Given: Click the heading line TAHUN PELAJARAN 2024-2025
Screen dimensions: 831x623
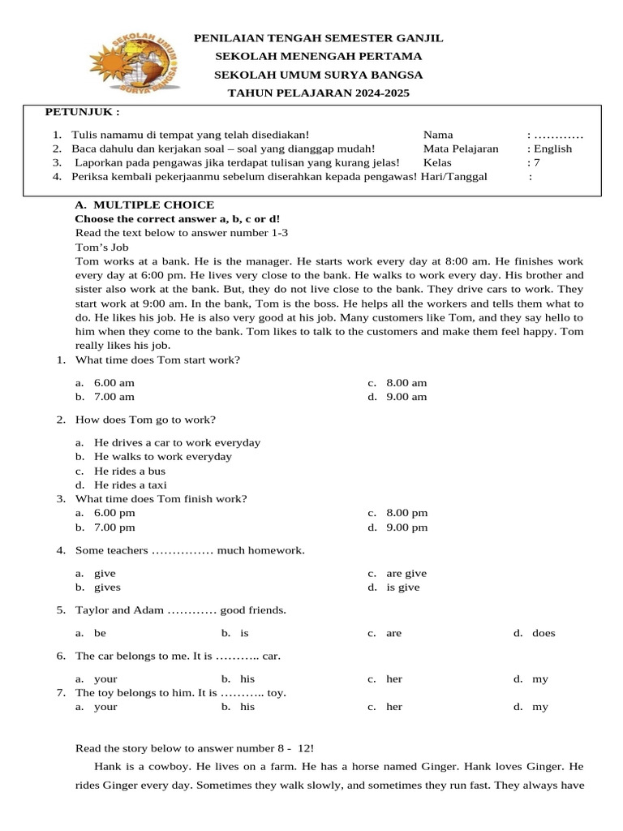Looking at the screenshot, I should [318, 93].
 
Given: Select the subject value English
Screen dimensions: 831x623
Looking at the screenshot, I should [552, 149].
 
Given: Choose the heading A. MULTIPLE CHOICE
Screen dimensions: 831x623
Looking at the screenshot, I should [144, 205].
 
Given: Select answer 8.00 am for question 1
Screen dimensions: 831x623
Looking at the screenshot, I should [406, 383].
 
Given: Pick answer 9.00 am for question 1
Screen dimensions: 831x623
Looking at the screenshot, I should [406, 397].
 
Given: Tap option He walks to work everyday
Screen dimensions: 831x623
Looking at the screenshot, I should [162, 456].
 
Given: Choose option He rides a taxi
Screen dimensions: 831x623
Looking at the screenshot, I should [130, 484].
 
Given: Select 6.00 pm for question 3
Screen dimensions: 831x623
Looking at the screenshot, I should [114, 513].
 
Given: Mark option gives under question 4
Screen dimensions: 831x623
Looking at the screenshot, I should [107, 587].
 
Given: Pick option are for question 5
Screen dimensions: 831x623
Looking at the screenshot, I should [394, 633].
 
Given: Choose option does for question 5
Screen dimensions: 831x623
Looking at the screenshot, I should [544, 633].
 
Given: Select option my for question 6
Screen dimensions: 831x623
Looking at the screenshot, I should [540, 678].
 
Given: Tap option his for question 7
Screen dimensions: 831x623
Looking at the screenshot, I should [247, 707].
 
